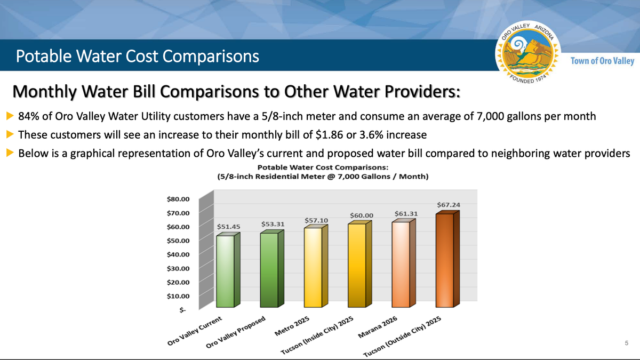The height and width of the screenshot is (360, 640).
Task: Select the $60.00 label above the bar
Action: tap(361, 215)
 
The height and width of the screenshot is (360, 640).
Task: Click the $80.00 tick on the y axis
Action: tap(178, 199)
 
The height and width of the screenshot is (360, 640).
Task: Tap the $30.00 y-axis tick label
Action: tap(178, 268)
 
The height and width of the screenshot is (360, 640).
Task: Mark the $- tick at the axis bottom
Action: tap(183, 309)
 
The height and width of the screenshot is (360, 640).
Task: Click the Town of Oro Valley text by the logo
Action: tap(602, 61)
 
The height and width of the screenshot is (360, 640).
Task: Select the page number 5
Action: tap(626, 343)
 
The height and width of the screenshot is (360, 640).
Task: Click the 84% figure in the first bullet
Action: tap(28, 116)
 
